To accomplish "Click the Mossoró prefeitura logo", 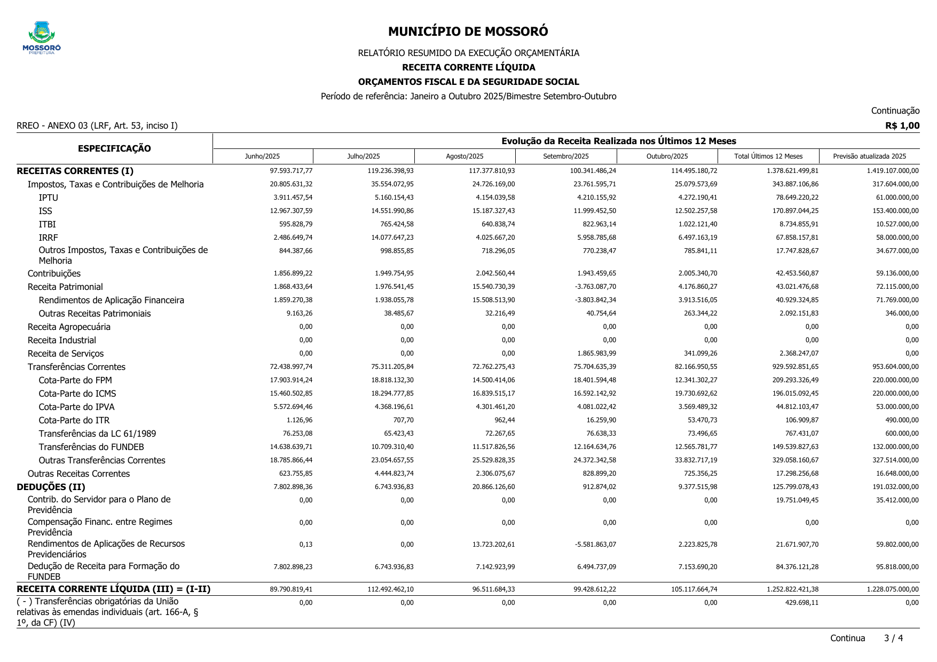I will (42, 37).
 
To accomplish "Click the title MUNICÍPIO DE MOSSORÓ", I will (468, 31).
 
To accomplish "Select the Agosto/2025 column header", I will (464, 156).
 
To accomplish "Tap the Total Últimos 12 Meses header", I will (768, 156).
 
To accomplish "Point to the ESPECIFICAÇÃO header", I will (114, 148).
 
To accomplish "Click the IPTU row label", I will (49, 198).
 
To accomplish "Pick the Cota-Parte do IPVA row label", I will (76, 407).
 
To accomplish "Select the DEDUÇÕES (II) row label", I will (51, 487).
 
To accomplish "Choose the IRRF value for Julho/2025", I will (392, 238).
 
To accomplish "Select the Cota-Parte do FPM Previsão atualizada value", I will (888, 380).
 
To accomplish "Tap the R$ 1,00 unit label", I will (902, 126).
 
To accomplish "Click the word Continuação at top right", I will (895, 111).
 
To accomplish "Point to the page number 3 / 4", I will (893, 638).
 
